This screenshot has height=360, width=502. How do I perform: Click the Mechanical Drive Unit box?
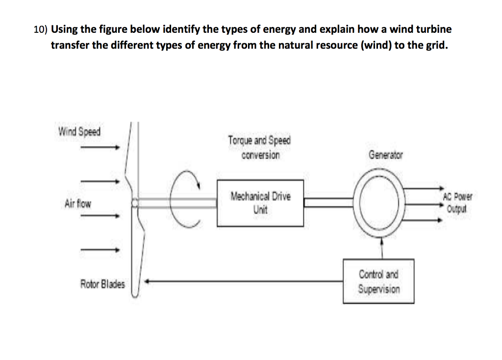260,203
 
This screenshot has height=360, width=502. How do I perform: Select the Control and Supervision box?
378,281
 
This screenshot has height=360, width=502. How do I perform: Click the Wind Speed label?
79,132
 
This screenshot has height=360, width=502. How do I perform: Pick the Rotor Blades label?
102,284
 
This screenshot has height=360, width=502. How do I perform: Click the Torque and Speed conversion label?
259,147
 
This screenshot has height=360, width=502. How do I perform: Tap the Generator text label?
385,155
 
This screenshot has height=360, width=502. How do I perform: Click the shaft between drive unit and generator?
328,201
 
